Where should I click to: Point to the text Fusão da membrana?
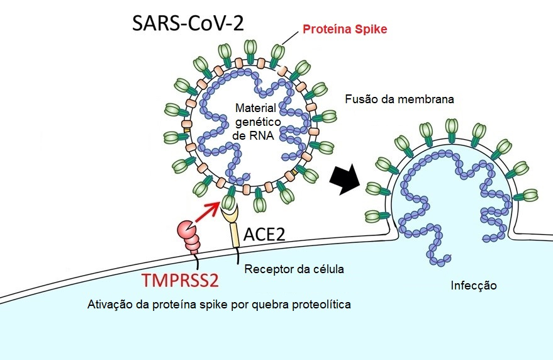click(399, 99)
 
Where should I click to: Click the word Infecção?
click(474, 286)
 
